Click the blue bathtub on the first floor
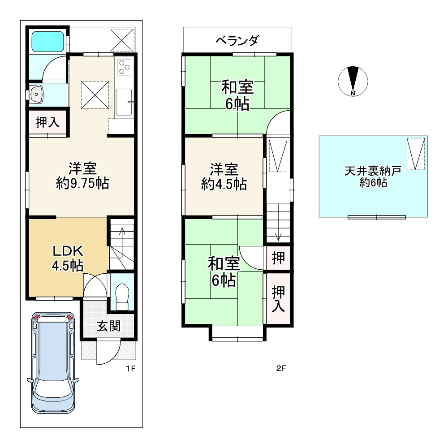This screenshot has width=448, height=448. (47, 41)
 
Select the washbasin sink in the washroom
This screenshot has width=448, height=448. (37, 94)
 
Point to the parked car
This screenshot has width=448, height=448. (53, 362)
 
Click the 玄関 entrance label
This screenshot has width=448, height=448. (108, 326)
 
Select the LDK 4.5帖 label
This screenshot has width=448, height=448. (68, 258)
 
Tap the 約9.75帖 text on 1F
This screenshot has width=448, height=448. (82, 183)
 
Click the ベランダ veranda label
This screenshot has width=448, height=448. (237, 40)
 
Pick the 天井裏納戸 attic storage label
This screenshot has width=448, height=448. (373, 171)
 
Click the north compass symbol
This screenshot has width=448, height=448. (353, 81)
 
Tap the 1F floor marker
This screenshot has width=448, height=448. (130, 368)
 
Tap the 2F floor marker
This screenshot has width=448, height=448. (281, 368)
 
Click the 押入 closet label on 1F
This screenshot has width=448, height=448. (47, 122)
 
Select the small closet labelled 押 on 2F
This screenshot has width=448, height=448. (278, 258)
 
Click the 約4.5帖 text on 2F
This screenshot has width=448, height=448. (224, 184)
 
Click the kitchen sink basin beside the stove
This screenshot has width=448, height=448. (124, 103)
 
